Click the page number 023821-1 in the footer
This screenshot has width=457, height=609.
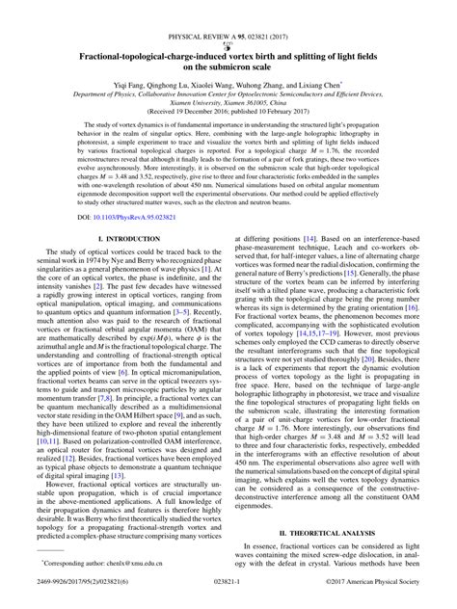click(228, 595)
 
